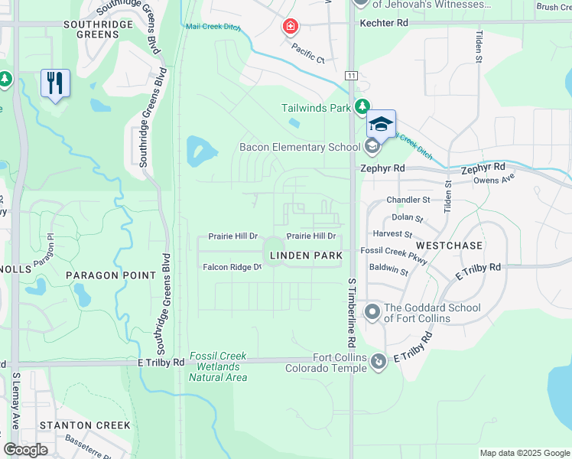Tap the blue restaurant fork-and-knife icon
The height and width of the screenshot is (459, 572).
point(55,83)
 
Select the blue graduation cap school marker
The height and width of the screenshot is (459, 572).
point(381,124)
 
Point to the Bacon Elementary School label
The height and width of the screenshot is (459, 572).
point(299,147)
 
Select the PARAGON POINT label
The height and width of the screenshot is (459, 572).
point(105,275)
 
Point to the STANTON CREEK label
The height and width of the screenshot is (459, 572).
point(85,425)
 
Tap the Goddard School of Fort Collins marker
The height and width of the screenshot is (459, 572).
point(372,311)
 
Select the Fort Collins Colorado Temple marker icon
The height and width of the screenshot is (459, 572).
point(378,360)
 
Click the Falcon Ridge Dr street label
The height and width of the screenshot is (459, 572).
point(232,267)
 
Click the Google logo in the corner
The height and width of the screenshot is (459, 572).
point(26,450)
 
